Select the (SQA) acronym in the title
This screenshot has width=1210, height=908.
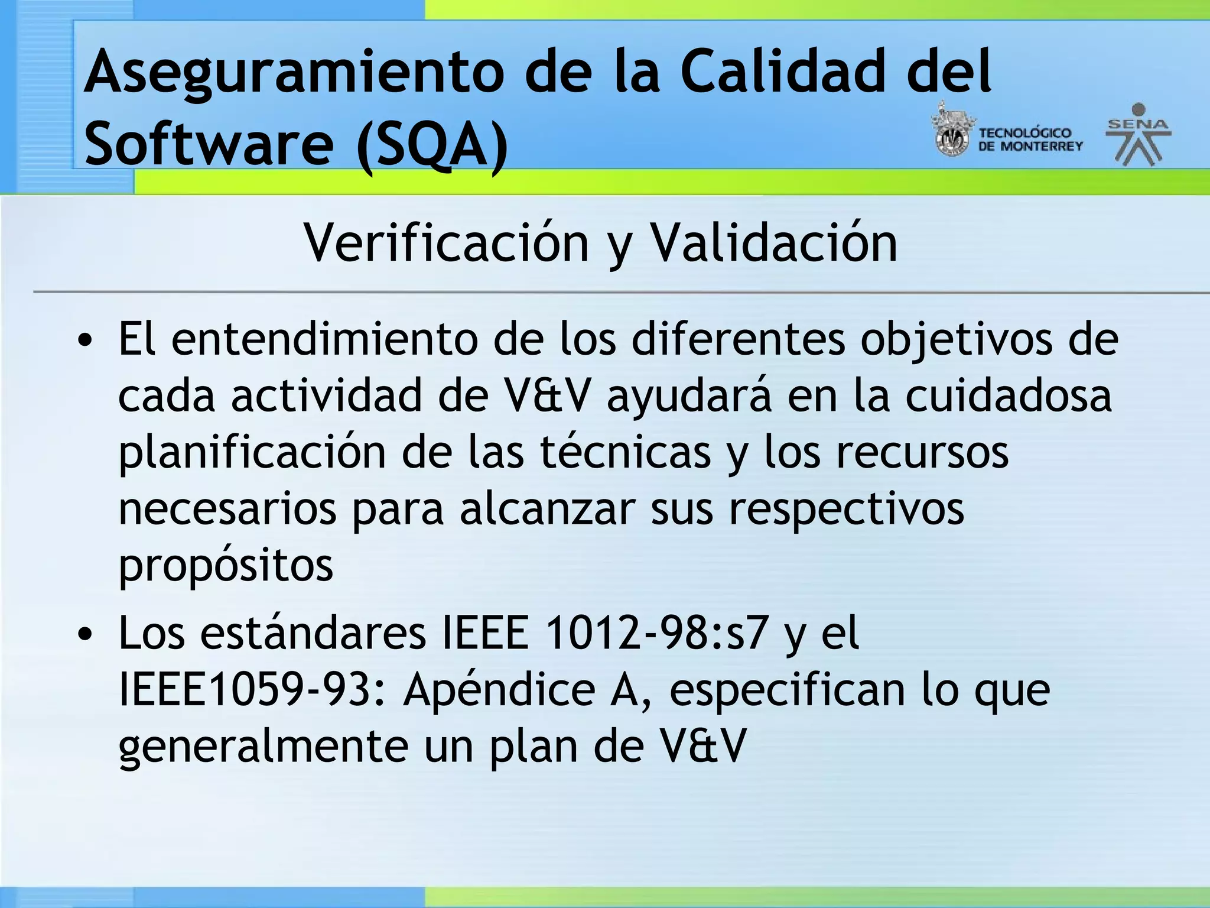tap(432, 144)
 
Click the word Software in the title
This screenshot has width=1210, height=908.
tap(210, 144)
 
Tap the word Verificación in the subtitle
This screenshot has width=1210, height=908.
tap(446, 243)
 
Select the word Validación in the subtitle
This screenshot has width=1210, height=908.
tap(773, 243)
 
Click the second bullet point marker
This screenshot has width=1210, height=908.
tap(86, 634)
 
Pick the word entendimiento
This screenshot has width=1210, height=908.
tap(325, 339)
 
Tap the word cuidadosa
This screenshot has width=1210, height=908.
tap(1009, 395)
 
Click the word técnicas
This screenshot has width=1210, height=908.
tap(626, 452)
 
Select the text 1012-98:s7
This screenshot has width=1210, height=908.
tap(656, 633)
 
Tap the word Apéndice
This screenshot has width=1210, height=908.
tap(499, 689)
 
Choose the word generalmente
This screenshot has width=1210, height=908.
tap(264, 746)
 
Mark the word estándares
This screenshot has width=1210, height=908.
tap(313, 633)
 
